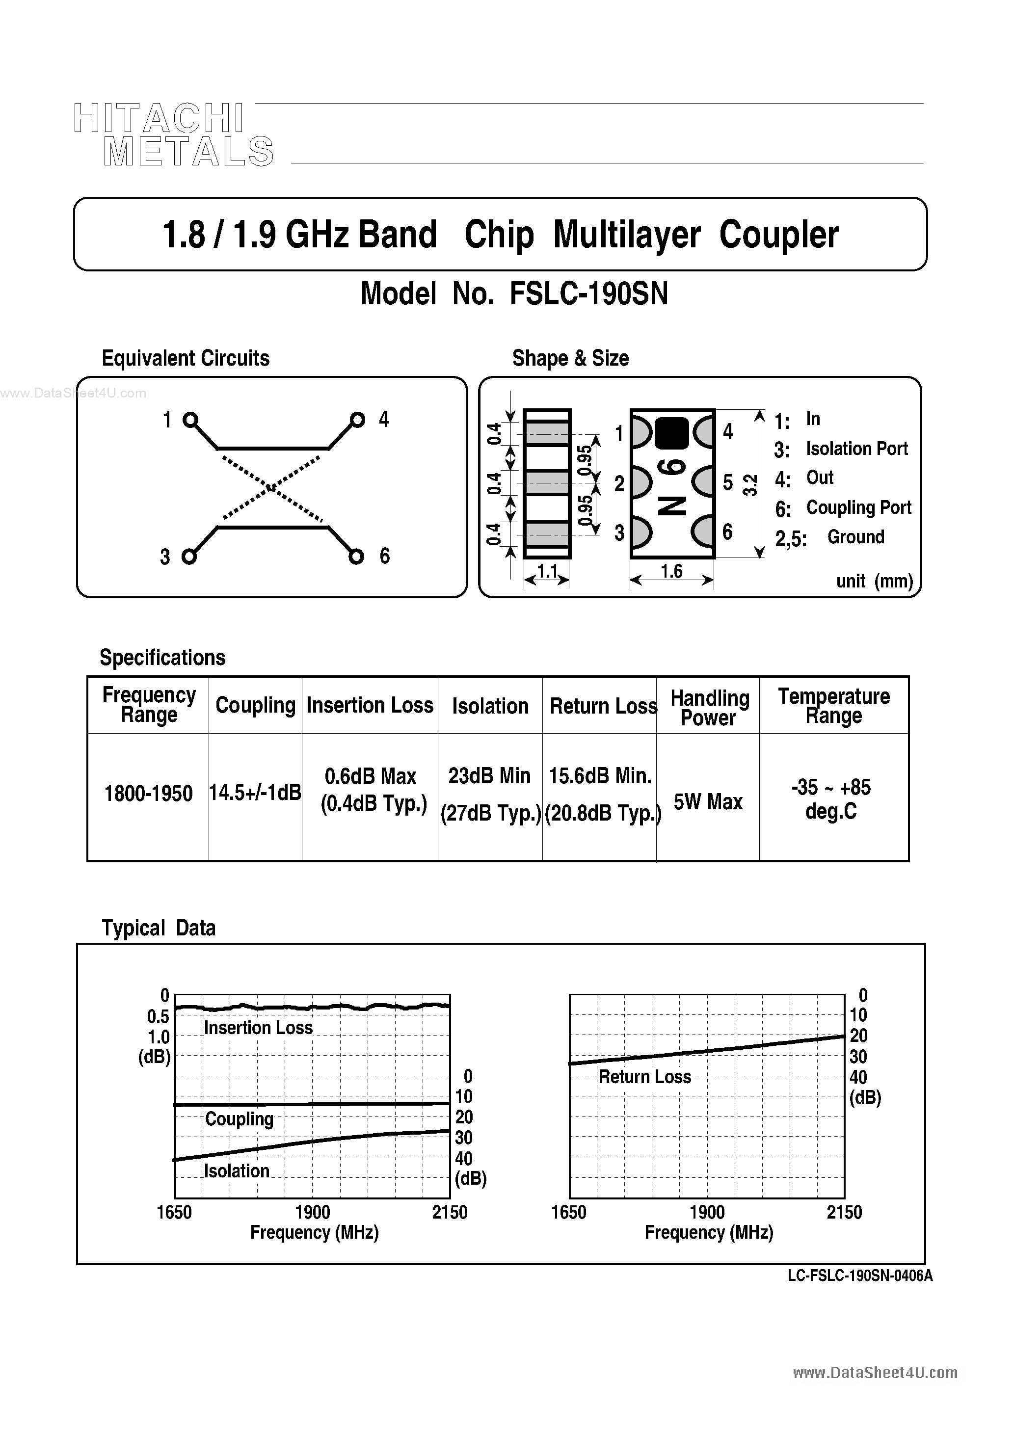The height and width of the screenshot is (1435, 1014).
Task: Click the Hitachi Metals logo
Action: pos(173,135)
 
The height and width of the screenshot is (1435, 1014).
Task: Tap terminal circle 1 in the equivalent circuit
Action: pos(190,420)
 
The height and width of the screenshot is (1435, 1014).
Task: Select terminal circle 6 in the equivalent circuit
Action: pos(356,556)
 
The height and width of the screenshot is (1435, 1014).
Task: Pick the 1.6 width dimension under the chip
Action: pos(671,571)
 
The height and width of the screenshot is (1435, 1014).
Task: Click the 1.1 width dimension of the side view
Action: pos(548,571)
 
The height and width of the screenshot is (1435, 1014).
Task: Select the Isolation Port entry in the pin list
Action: pos(856,449)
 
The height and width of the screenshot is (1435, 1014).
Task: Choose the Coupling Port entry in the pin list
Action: pos(858,507)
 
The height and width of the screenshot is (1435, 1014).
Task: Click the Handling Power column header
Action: pos(709,708)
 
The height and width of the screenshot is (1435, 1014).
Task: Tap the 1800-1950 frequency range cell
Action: pos(148,794)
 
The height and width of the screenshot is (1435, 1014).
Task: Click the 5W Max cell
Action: pos(708,802)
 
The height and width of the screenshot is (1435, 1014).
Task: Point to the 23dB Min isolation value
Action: pos(489,776)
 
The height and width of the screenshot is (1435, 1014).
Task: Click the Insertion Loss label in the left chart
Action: pos(258,1028)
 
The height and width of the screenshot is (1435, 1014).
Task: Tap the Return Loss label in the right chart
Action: pos(644,1077)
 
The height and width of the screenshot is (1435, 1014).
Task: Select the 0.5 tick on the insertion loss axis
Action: pos(158,1017)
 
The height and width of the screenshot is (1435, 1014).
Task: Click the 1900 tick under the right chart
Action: pos(707,1213)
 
